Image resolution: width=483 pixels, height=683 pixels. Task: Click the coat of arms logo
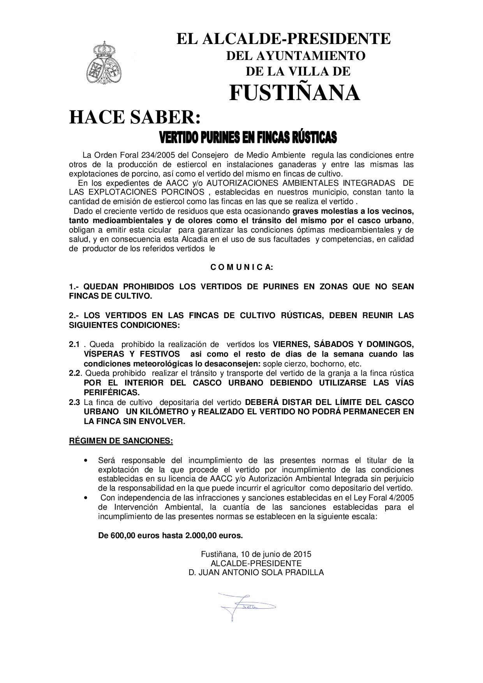tap(104, 62)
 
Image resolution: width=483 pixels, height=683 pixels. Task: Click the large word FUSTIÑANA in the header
tap(294, 93)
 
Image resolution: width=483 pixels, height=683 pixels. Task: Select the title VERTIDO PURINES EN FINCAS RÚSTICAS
tap(248, 137)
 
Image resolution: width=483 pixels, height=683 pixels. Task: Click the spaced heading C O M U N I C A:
tap(241, 267)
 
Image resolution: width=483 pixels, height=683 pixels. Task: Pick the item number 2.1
tap(74, 344)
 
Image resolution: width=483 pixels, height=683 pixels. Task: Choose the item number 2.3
tap(74, 402)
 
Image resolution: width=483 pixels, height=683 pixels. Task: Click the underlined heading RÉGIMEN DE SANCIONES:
tap(121, 441)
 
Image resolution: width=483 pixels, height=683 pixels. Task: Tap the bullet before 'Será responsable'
tap(86, 461)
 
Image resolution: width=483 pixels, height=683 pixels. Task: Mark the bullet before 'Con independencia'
tap(86, 498)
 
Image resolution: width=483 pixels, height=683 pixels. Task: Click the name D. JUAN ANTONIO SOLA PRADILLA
tap(256, 572)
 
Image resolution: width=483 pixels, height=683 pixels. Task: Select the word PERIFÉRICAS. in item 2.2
tap(111, 392)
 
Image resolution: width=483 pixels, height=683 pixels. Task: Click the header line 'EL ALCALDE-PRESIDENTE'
tap(283, 39)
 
